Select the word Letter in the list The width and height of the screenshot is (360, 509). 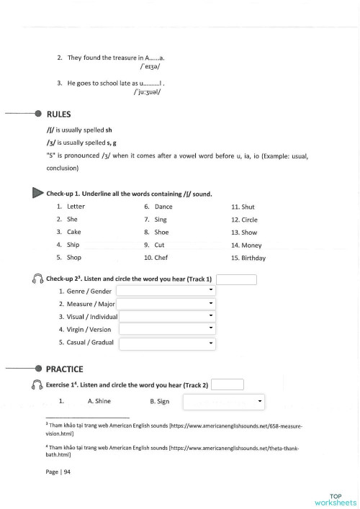[x=75, y=207]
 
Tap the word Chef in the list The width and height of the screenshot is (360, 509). [x=162, y=257]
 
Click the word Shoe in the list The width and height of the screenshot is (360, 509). [x=161, y=232]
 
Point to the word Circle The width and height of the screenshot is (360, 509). [x=244, y=220]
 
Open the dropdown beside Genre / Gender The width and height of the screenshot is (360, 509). [x=166, y=290]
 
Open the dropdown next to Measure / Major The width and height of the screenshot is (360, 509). [x=166, y=303]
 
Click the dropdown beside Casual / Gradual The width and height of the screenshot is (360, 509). [x=167, y=343]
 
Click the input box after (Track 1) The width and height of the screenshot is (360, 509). [x=236, y=279]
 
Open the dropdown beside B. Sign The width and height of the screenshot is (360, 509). [x=224, y=401]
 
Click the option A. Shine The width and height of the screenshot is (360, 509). [x=99, y=401]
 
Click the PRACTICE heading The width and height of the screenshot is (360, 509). [x=64, y=369]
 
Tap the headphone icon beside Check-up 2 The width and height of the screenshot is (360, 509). [x=37, y=279]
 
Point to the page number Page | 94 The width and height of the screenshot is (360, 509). [x=58, y=472]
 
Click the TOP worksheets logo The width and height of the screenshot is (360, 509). [x=334, y=499]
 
